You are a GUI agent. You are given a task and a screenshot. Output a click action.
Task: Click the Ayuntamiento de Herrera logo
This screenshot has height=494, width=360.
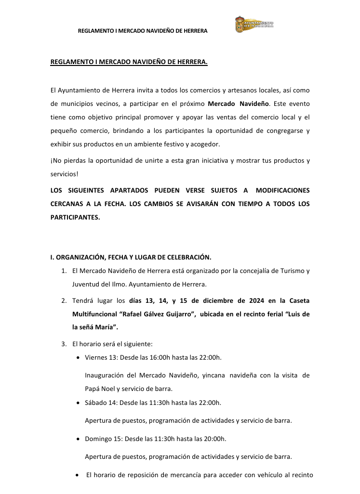pos(254,24)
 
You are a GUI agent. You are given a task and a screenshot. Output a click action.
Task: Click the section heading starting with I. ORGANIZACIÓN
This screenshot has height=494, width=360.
pos(131,257)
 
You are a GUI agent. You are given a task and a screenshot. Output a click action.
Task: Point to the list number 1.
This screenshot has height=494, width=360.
pos(64,271)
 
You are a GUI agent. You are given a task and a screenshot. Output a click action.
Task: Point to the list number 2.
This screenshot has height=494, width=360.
pos(64,301)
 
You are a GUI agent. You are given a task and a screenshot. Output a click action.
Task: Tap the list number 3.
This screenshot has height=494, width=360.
pos(64,344)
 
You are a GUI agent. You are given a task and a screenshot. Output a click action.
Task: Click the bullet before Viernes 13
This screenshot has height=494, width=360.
pos(79,358)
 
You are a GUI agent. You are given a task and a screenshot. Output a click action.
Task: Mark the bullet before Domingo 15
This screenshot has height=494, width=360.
pos(79,439)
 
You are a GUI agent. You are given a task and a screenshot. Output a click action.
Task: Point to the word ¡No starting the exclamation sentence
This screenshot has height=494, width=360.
pos(56,161)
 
